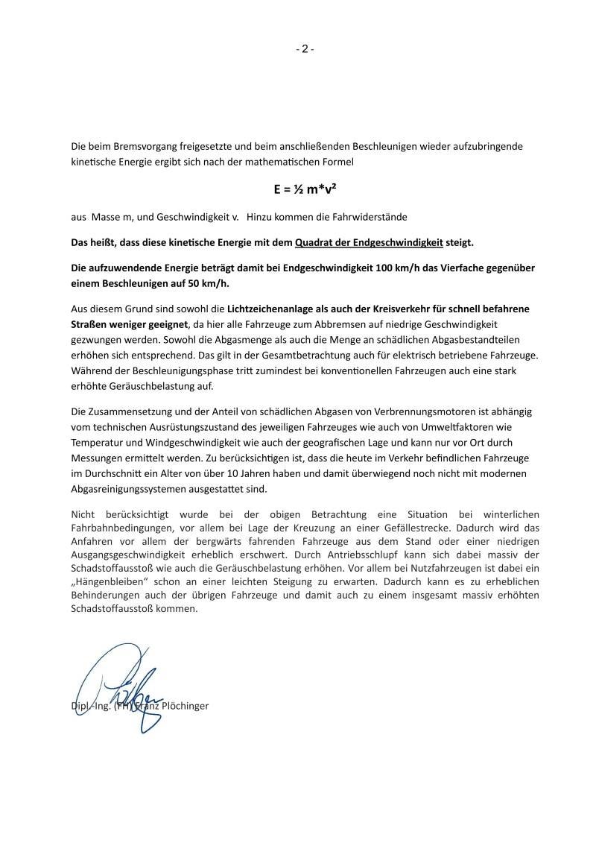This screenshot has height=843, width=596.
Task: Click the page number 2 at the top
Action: tap(304, 49)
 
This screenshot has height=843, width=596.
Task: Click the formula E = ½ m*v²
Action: tap(304, 189)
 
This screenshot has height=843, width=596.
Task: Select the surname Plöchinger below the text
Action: tap(183, 705)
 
